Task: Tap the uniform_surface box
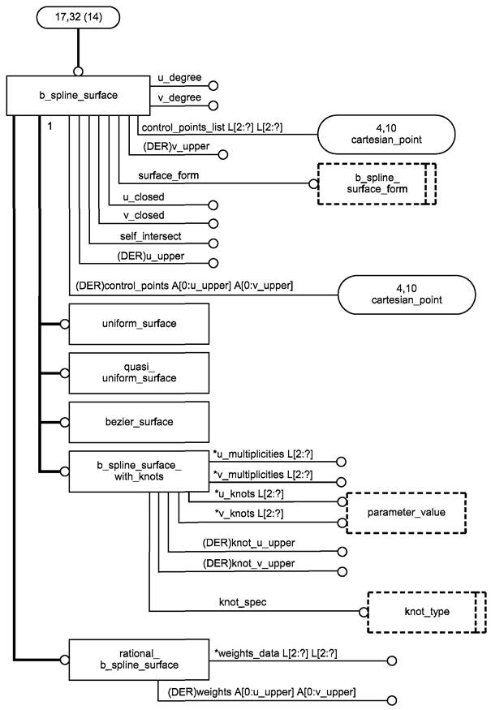click(x=139, y=324)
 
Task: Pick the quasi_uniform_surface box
click(x=139, y=372)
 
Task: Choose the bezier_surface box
click(x=139, y=422)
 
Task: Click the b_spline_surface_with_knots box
click(x=139, y=471)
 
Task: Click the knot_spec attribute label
click(x=243, y=603)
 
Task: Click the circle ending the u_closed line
click(x=214, y=206)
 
